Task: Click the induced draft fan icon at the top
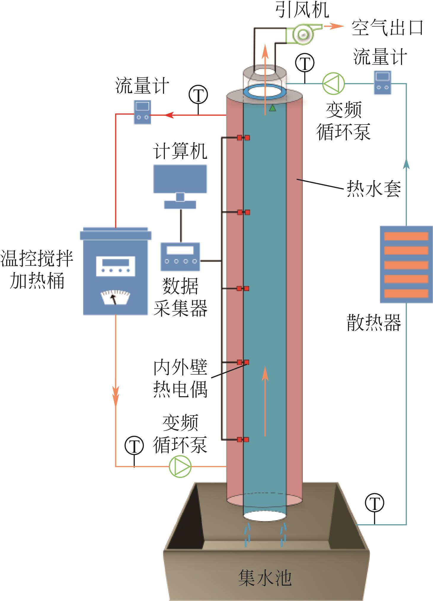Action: coord(302,34)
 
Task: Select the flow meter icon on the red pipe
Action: coord(142,112)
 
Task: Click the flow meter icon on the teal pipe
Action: coord(382,82)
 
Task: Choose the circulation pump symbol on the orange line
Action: coord(180,466)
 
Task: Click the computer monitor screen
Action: coord(180,179)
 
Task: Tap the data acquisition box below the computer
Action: coord(180,257)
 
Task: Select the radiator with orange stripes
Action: coord(406,264)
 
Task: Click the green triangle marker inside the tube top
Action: coord(272,108)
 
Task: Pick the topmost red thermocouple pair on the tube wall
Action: coord(243,138)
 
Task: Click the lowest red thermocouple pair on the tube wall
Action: coord(243,439)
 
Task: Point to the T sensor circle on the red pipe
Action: coord(198,95)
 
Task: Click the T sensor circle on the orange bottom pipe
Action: coord(134,446)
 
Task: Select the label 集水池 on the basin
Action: coord(265,578)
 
